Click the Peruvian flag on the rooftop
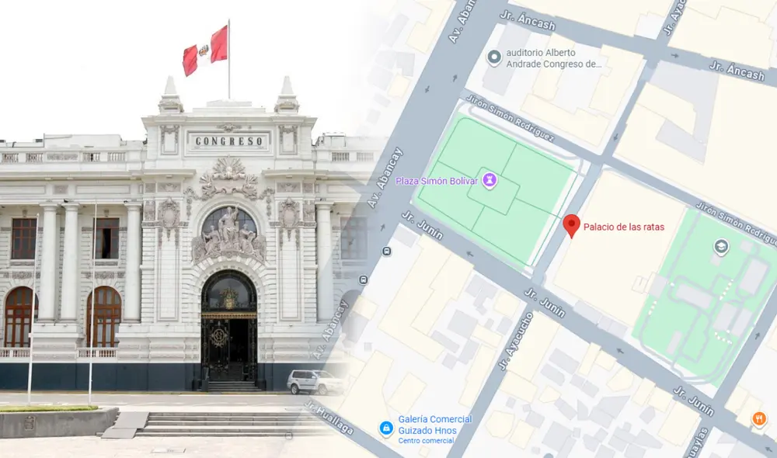tap(205, 50)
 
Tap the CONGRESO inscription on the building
tap(228, 141)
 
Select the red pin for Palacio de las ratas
tap(572, 225)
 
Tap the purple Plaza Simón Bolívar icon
tap(490, 181)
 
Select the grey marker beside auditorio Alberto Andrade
tap(493, 57)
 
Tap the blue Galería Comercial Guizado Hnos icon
tap(385, 428)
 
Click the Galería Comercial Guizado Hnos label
tap(435, 425)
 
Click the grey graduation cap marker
tap(721, 248)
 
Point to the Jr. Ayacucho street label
tap(517, 341)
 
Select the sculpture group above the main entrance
tap(228, 233)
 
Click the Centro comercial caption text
tap(423, 441)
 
